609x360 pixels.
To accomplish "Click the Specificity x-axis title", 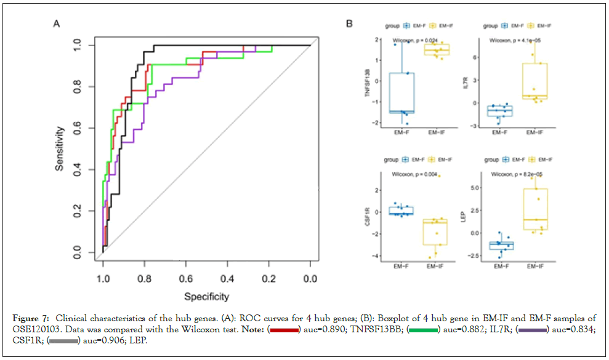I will [x=206, y=297].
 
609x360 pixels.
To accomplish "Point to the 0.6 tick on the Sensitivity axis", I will [x=76, y=129].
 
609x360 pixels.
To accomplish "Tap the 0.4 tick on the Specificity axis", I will [x=227, y=279].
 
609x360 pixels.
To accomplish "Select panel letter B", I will [x=349, y=24].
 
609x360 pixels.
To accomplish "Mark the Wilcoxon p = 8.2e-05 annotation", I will [x=515, y=174].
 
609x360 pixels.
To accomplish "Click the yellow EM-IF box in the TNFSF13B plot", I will [x=437, y=49].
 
